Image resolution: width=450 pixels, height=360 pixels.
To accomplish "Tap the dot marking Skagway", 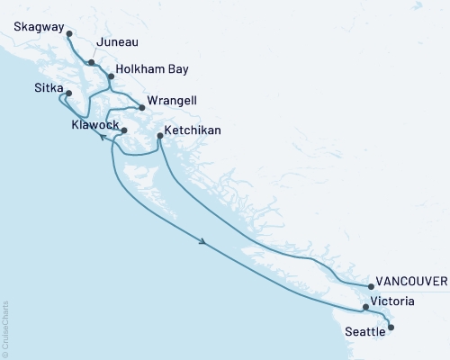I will click(x=69, y=33).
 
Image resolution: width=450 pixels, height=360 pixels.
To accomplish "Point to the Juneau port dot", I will click(x=92, y=62).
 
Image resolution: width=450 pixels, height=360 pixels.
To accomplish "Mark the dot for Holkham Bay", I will click(x=112, y=76).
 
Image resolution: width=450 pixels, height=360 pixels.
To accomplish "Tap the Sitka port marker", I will click(x=68, y=92).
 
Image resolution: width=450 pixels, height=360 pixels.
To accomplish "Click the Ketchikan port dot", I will click(x=159, y=136).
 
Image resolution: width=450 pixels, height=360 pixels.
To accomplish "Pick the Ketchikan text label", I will click(x=194, y=131).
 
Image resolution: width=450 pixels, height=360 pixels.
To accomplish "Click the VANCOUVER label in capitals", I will click(x=412, y=281).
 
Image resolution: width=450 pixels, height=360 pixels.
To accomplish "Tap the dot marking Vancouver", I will click(x=371, y=287).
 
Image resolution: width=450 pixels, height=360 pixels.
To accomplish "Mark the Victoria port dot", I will click(x=365, y=308).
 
